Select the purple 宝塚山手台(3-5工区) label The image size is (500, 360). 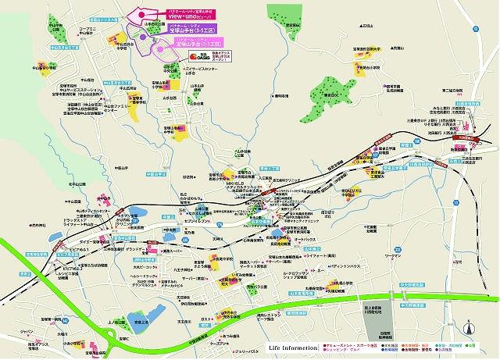point(192,29)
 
